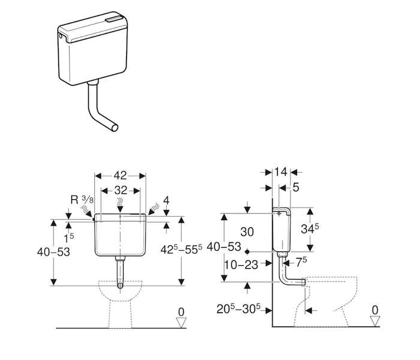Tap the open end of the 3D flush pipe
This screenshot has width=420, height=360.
click(115, 128)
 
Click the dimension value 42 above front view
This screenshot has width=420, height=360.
click(120, 176)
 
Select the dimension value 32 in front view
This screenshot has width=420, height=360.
click(121, 190)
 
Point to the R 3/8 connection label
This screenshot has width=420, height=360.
click(82, 200)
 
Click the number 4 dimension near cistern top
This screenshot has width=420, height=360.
click(166, 200)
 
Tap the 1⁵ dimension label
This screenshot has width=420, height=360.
click(68, 238)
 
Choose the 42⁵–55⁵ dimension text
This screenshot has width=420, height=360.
click(181, 250)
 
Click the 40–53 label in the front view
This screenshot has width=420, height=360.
click(53, 252)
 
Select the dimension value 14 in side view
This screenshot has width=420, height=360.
click(281, 172)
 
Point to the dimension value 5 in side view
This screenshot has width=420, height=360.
click(296, 188)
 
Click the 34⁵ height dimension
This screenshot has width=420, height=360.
click(310, 229)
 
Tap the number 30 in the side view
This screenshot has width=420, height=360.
click(247, 232)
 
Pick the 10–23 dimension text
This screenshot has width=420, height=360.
click(241, 265)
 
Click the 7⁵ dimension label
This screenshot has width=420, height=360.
click(301, 262)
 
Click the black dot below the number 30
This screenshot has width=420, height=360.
click(247, 252)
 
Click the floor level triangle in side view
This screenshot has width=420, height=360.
click(375, 321)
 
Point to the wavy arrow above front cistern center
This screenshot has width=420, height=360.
click(120, 206)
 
